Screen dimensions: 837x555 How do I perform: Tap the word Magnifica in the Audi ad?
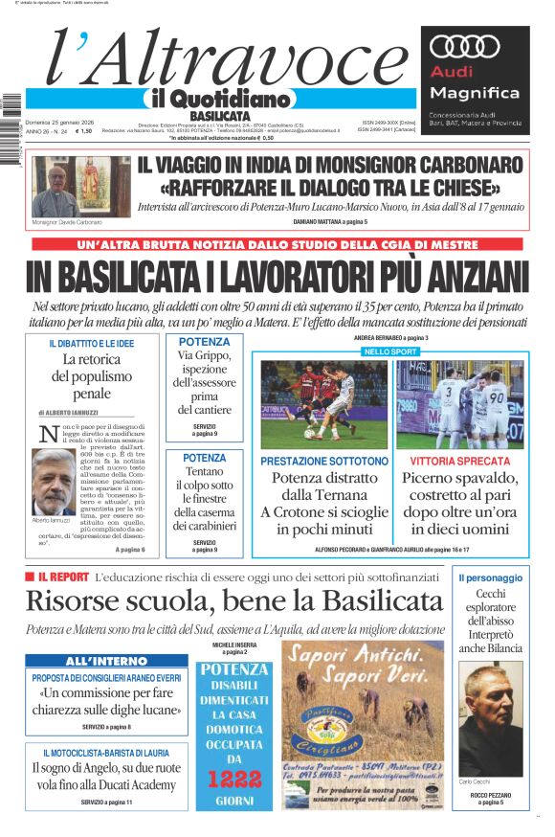point(475,93)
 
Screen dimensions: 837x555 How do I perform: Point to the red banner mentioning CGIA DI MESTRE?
point(277,245)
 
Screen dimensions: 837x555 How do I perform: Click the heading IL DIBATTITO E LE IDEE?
point(92,343)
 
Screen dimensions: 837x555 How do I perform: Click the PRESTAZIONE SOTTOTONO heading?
point(324,461)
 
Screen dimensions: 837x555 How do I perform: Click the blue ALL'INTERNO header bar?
point(106,662)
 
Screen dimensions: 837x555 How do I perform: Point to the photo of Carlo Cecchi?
point(491,717)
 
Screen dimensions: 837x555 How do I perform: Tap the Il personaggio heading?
point(490,577)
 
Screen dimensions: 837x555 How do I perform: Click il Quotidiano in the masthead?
point(218,99)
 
